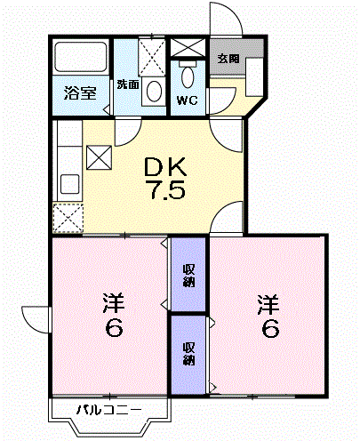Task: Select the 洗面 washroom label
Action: point(127,84)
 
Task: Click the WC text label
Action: point(187,100)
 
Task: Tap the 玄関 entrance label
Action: point(228,59)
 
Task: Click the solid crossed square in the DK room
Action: point(99,157)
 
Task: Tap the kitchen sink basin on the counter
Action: point(68,186)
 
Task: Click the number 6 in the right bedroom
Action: point(270,329)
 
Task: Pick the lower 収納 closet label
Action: point(188,353)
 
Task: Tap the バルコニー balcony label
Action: point(108,410)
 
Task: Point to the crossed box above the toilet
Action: point(188,48)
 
